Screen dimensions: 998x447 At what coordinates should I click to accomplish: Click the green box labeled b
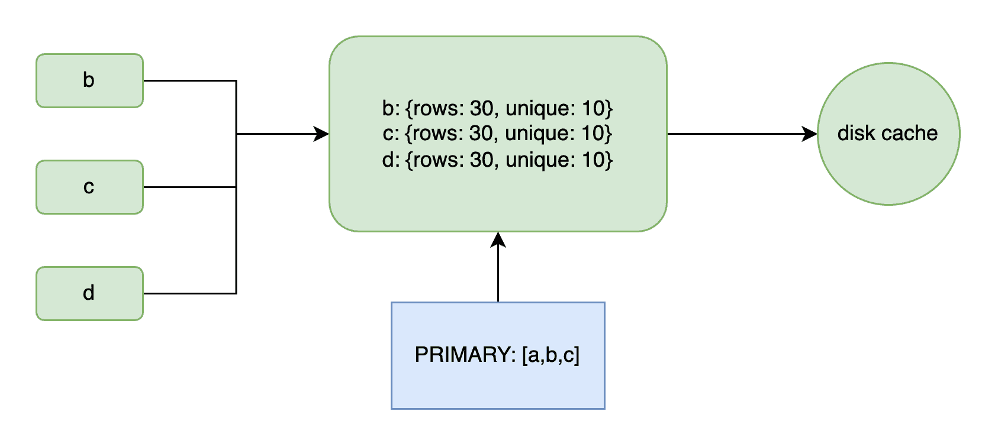click(89, 80)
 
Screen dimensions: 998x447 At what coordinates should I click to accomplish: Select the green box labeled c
click(89, 187)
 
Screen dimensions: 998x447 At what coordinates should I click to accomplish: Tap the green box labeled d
click(89, 293)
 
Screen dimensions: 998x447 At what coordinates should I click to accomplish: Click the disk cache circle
click(889, 134)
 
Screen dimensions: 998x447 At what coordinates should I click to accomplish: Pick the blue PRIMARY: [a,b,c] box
click(498, 355)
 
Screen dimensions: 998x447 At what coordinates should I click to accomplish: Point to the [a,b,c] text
click(551, 355)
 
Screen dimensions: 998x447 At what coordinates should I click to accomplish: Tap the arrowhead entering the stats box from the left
click(321, 134)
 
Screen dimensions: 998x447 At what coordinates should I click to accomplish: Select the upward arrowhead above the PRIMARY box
click(498, 239)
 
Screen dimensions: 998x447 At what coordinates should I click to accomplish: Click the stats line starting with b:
click(497, 109)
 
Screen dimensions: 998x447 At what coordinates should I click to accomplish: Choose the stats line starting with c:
click(497, 133)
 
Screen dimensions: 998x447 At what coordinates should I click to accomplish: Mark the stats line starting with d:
click(497, 160)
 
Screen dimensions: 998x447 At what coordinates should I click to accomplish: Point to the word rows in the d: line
click(439, 160)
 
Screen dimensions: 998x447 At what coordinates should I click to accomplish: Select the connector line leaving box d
click(190, 293)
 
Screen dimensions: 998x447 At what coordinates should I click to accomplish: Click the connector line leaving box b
click(190, 80)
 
